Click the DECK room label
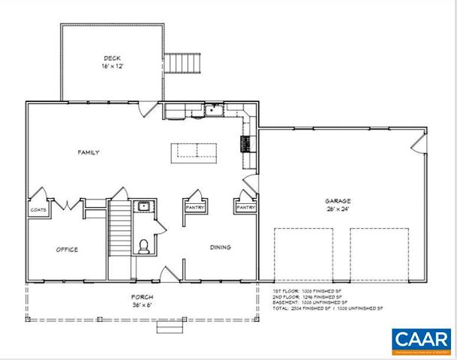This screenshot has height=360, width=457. click(x=113, y=58)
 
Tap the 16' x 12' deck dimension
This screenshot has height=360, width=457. click(x=113, y=66)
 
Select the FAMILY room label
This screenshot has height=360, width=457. click(x=89, y=152)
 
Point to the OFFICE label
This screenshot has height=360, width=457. click(x=67, y=250)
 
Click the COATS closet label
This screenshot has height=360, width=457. click(x=38, y=210)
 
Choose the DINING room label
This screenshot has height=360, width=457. click(x=220, y=247)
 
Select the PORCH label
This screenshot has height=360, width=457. click(x=142, y=298)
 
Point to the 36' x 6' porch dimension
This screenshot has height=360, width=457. click(x=142, y=306)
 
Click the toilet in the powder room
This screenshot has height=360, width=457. click(x=144, y=244)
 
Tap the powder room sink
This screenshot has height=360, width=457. click(x=143, y=206)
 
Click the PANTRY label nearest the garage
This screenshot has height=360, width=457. click(x=245, y=208)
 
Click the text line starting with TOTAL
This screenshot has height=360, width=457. click(x=327, y=309)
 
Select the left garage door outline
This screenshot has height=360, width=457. click(x=302, y=255)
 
